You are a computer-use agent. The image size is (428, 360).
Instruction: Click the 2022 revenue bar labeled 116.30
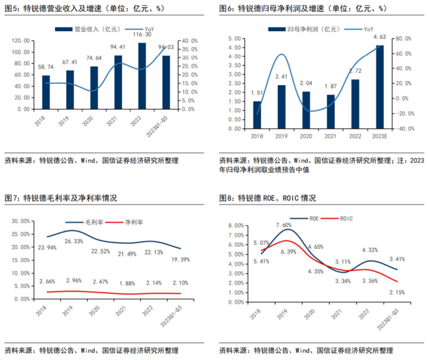click(142, 76)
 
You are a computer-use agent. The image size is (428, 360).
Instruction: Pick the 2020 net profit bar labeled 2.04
click(306, 110)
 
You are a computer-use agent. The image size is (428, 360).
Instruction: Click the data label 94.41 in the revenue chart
click(118, 47)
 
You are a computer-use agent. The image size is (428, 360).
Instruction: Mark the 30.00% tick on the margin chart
click(20, 220)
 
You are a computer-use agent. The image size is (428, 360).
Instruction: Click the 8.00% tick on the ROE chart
click(235, 225)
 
